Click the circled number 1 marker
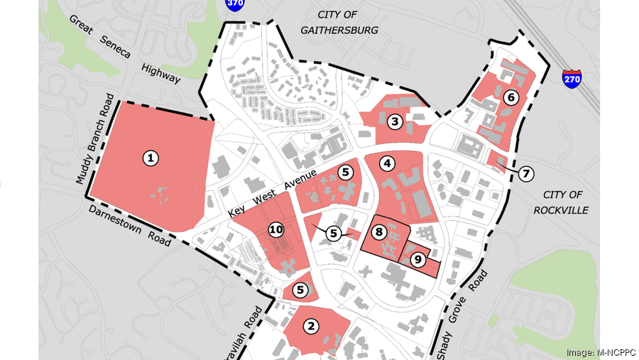[150, 158]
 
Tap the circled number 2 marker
[311, 326]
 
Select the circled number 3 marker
[395, 122]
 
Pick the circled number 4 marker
[387, 164]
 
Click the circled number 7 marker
[526, 173]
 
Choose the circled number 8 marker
[379, 232]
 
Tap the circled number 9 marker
[418, 260]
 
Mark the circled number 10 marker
[276, 229]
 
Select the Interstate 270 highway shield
[572, 77]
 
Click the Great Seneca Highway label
[124, 49]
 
